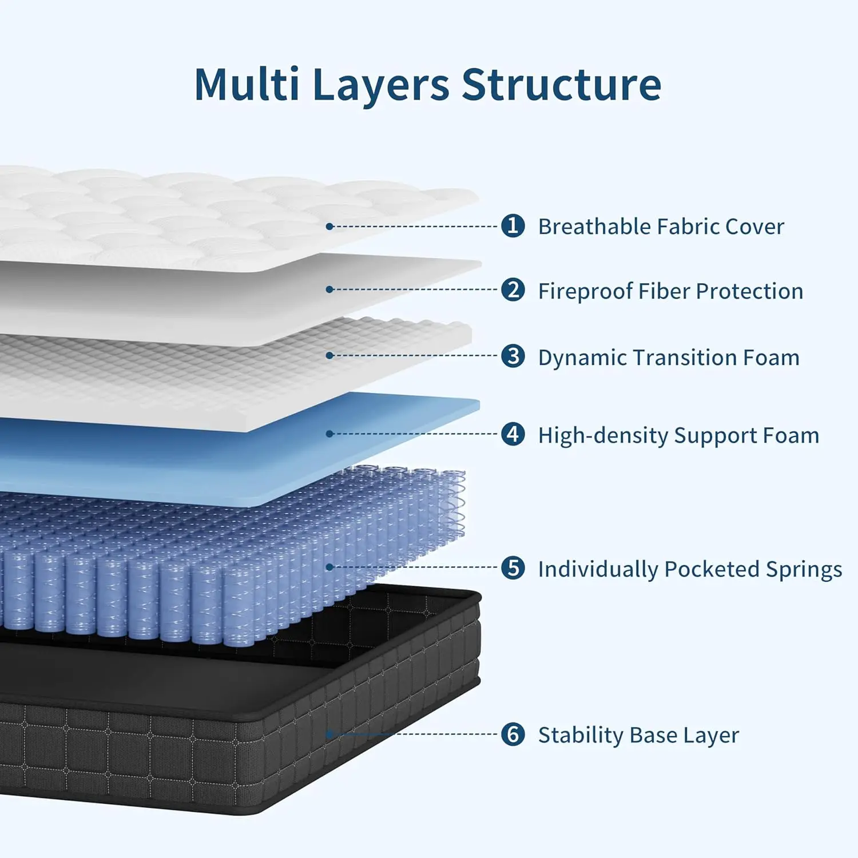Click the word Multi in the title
click(247, 85)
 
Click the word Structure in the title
click(561, 85)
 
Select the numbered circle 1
click(513, 226)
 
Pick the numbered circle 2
click(513, 290)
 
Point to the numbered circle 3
click(513, 356)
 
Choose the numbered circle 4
click(513, 434)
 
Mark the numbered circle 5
click(513, 568)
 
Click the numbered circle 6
click(513, 734)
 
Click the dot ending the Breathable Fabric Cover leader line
click(329, 227)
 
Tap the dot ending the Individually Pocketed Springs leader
click(329, 567)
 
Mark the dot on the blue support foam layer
click(329, 434)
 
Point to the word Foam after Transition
click(770, 357)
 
